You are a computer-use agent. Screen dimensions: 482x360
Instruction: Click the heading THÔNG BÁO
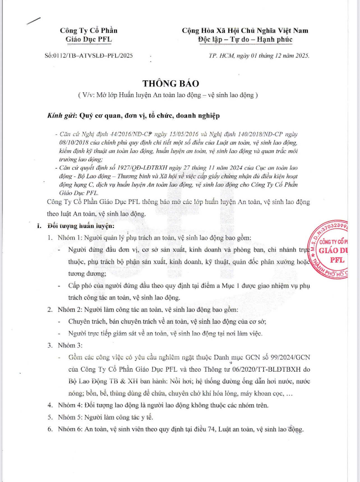coord(171,84)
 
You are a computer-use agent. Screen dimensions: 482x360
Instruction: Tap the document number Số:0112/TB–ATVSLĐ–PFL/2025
coord(89,55)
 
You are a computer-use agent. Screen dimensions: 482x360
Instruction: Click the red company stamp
coord(329,249)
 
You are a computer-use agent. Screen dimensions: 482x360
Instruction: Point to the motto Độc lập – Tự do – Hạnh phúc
coord(245,40)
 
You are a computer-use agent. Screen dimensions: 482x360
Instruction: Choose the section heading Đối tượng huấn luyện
coord(81,226)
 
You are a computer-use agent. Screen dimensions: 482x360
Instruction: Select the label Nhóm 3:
coord(70,345)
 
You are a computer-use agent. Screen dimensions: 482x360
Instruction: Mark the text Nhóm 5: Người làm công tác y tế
coord(105,417)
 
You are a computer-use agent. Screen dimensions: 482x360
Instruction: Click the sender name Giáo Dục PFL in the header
coord(89,39)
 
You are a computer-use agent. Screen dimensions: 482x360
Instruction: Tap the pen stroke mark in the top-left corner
coord(33,21)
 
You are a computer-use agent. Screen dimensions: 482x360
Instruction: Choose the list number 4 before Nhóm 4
coord(50,405)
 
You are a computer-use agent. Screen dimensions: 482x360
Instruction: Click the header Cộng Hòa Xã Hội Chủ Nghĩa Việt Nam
coord(245,31)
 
